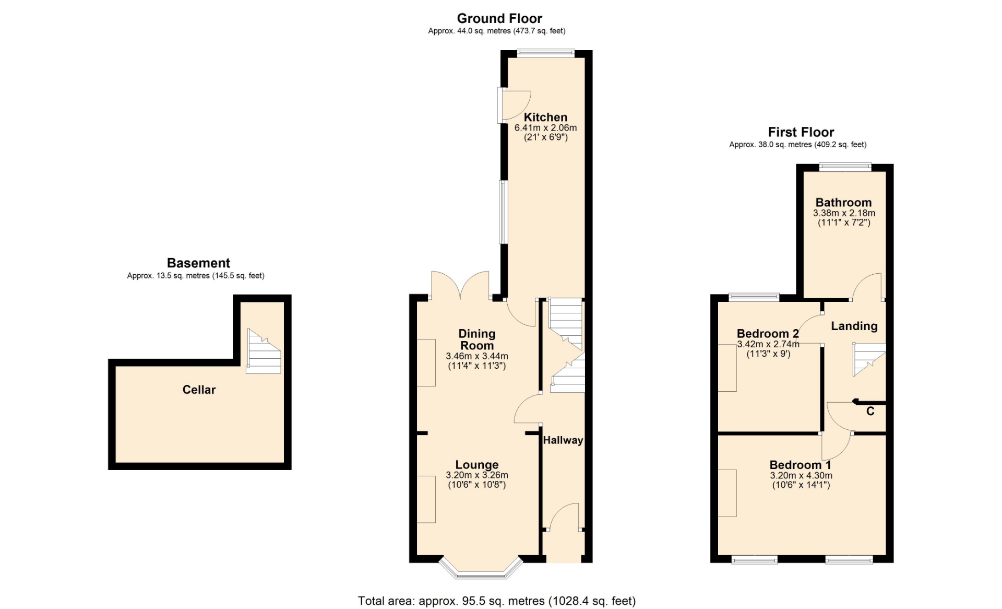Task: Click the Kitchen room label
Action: click(x=545, y=118)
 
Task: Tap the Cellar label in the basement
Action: click(x=199, y=390)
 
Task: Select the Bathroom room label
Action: click(x=843, y=203)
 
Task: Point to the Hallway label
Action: click(x=563, y=440)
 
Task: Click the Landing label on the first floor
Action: click(x=854, y=326)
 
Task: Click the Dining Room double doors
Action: click(x=460, y=286)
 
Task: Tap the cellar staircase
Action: click(x=264, y=351)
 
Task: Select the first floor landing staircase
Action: click(x=869, y=359)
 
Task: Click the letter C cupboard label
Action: click(x=870, y=412)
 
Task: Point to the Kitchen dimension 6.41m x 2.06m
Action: click(x=545, y=128)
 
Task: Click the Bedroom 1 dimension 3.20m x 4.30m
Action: click(x=801, y=476)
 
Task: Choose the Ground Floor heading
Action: click(x=499, y=19)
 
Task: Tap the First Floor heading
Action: click(x=801, y=132)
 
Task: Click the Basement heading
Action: click(x=198, y=263)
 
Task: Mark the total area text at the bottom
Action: click(x=497, y=601)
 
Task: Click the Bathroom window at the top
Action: click(x=845, y=167)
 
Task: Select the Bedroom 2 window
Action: click(x=754, y=298)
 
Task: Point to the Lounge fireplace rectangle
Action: click(x=426, y=499)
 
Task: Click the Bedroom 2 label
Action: click(x=768, y=334)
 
